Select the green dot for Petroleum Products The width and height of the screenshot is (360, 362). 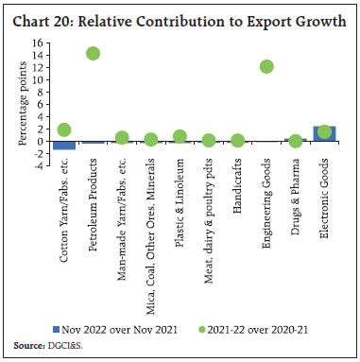93,54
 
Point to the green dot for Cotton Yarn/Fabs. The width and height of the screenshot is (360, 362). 64,129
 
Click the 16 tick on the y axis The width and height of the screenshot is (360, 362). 41,43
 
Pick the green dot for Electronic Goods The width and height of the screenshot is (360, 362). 324,132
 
